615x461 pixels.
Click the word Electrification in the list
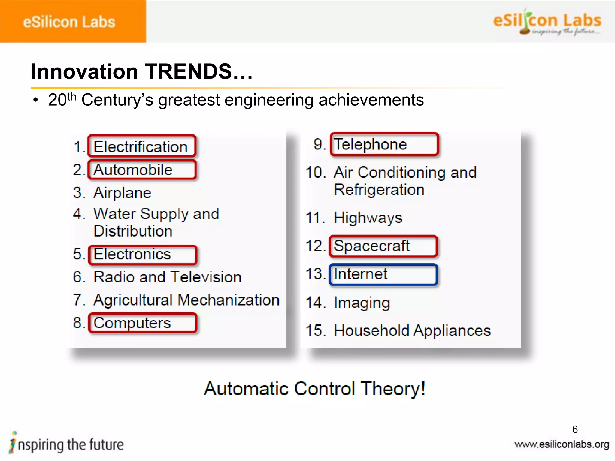click(141, 147)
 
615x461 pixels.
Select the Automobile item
click(133, 170)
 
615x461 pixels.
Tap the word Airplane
click(122, 193)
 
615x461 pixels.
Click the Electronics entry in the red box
click(132, 254)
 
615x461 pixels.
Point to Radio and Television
click(168, 277)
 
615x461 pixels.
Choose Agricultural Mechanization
click(186, 300)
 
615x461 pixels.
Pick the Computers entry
click(132, 323)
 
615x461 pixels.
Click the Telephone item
click(370, 144)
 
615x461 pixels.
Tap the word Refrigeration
click(379, 190)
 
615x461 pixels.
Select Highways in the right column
click(368, 218)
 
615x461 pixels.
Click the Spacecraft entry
click(371, 246)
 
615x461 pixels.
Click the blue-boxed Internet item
click(360, 274)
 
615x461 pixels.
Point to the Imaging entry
click(362, 303)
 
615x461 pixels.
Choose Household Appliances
click(412, 330)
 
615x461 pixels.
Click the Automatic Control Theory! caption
click(314, 389)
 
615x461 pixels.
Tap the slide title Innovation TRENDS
click(142, 72)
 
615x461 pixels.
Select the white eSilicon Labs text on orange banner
click(69, 22)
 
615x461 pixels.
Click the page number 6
click(575, 429)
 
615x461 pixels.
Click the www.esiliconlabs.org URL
click(562, 444)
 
